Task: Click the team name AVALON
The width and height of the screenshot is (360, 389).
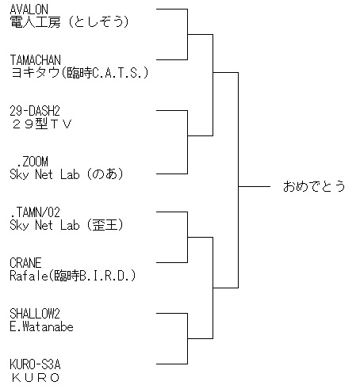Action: point(29,10)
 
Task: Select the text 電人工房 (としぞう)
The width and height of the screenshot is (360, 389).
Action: point(69,22)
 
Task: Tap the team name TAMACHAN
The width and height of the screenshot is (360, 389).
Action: point(36,60)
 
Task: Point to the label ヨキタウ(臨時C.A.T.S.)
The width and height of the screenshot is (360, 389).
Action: point(79,73)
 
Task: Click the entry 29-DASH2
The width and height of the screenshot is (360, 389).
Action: point(35,111)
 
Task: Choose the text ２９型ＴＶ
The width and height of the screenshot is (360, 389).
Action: point(42,124)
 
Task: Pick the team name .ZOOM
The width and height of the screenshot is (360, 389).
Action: point(33,162)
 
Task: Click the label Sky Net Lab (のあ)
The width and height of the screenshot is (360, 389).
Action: point(67,174)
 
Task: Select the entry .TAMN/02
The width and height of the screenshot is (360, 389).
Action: point(35,212)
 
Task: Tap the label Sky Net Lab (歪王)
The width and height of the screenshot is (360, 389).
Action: point(67,225)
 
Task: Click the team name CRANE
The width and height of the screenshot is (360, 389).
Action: point(25,263)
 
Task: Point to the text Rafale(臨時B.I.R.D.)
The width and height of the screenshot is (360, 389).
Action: point(73,276)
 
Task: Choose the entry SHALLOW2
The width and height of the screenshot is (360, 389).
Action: point(35,314)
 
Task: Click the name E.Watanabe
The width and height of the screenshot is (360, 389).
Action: point(41,326)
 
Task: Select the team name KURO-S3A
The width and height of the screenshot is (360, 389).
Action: point(35,364)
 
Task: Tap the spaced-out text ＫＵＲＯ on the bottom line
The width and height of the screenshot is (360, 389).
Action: point(36,378)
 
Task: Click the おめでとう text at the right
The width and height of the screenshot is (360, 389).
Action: point(314,186)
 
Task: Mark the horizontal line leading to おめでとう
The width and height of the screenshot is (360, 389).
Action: point(254,186)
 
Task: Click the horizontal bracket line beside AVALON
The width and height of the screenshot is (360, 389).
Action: point(172,9)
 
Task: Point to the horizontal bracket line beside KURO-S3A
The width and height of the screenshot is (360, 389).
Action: point(172,364)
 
